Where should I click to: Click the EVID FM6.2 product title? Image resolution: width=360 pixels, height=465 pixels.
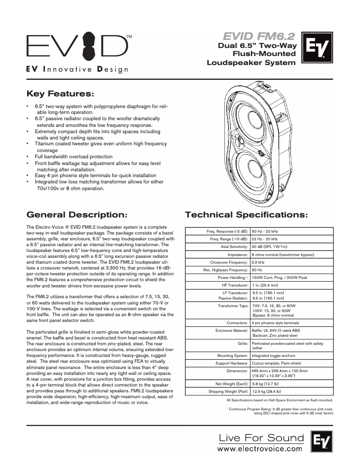click(x=259, y=36)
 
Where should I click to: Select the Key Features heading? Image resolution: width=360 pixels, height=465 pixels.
click(x=61, y=94)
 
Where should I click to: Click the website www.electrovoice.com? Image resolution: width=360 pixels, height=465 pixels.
click(x=260, y=448)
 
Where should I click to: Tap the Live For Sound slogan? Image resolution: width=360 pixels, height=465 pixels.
click(x=261, y=437)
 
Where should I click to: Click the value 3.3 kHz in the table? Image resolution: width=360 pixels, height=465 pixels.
click(x=258, y=262)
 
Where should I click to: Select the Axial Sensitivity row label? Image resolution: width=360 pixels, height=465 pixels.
click(x=234, y=247)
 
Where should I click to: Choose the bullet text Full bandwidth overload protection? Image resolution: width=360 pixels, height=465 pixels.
click(x=74, y=156)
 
